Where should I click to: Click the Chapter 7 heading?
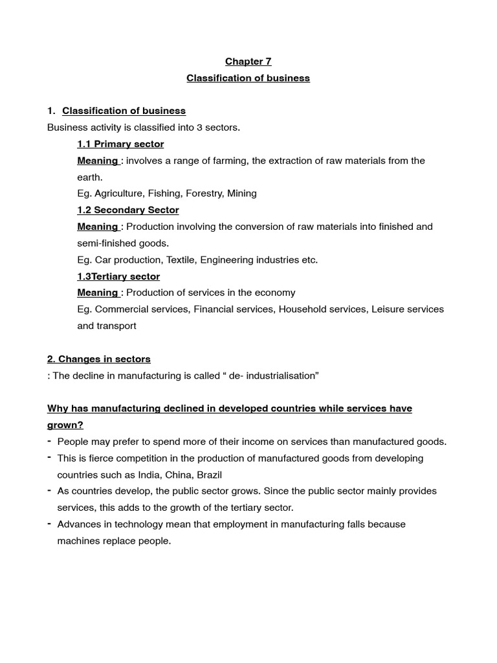coord(248,62)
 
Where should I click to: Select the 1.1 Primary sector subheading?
coord(120,144)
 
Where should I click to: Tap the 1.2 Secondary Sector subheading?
coord(128,210)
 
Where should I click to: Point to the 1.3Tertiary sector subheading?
coord(118,276)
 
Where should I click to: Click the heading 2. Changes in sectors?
coord(98,359)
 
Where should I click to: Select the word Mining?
coord(242,193)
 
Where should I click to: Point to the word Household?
coord(302,309)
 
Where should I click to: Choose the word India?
coord(149,475)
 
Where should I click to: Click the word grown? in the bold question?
coord(65,425)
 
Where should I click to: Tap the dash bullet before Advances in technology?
coord(50,523)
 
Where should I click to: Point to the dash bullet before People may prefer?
coord(50,441)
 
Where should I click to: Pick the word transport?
coord(116,326)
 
